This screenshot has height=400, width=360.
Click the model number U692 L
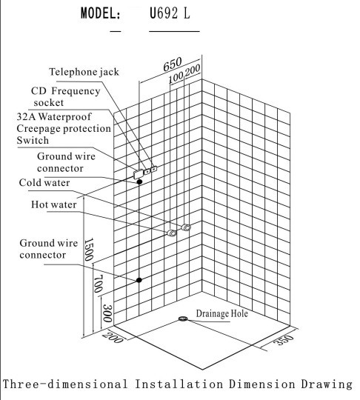pyautogui.click(x=170, y=13)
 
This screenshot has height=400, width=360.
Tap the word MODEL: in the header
pyautogui.click(x=100, y=13)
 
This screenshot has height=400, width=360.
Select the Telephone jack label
pyautogui.click(x=84, y=72)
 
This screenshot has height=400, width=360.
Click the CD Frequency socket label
pyautogui.click(x=66, y=97)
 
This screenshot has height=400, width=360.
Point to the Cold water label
pyautogui.click(x=44, y=183)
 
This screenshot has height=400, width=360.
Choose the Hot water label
pyautogui.click(x=54, y=204)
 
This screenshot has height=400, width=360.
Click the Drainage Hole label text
pyautogui.click(x=222, y=313)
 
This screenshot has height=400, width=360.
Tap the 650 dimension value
pyautogui.click(x=173, y=64)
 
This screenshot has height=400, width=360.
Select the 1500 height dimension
pyautogui.click(x=89, y=250)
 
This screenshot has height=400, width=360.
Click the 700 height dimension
pyautogui.click(x=99, y=284)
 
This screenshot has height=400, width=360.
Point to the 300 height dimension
pyautogui.click(x=107, y=313)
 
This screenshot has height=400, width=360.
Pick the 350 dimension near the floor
pyautogui.click(x=284, y=340)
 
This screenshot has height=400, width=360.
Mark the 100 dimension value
pyautogui.click(x=176, y=77)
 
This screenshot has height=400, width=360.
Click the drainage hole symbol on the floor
pyautogui.click(x=183, y=319)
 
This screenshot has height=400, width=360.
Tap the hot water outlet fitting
pyautogui.click(x=171, y=233)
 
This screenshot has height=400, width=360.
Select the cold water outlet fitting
pyautogui.click(x=186, y=227)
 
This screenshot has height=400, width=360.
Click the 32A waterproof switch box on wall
pyautogui.click(x=139, y=174)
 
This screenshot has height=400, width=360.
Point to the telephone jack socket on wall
pyautogui.click(x=154, y=169)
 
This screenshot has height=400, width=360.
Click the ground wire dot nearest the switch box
pyautogui.click(x=139, y=182)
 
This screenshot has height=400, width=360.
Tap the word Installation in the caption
pyautogui.click(x=179, y=384)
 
